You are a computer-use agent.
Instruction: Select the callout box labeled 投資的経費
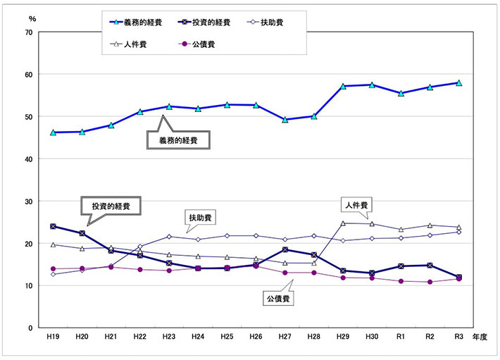[111, 206]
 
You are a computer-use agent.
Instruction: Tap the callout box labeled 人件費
[357, 205]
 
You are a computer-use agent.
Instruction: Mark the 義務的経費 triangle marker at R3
[458, 82]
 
